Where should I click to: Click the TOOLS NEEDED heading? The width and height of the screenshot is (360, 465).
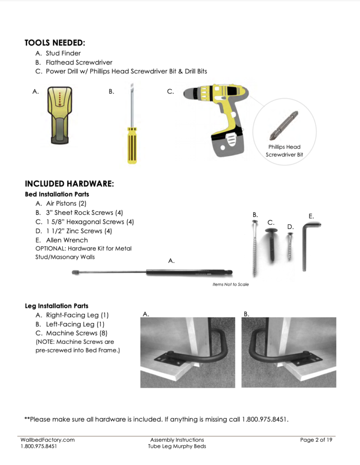55,43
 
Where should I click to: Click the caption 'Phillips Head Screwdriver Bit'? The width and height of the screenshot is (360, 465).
284,151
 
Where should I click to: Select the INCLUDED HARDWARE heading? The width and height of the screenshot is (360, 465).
69,184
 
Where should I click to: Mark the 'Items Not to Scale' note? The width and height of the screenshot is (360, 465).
230,285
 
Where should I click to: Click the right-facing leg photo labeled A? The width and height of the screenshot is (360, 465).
187,352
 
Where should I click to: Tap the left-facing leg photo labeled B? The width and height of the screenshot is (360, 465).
289,352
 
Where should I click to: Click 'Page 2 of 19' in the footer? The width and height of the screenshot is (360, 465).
316,440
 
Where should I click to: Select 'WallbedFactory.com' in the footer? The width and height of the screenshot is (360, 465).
47,440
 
